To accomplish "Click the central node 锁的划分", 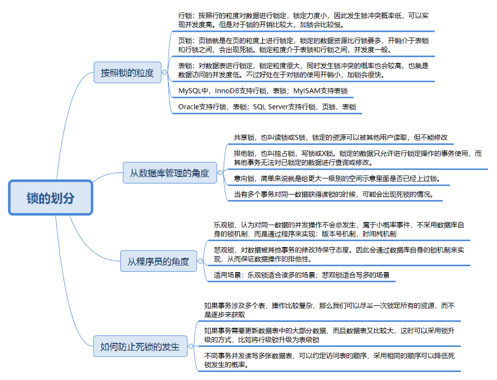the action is (51, 198).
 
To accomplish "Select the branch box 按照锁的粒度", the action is (127, 73).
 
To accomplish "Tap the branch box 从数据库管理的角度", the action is (170, 173).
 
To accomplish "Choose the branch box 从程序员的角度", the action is (159, 261).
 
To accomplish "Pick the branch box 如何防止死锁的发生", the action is (140, 346).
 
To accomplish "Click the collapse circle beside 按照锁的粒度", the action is (165, 73).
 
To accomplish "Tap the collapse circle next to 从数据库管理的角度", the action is (220, 173).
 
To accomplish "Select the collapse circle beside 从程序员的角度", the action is (200, 261).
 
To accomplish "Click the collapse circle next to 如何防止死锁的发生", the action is (191, 346).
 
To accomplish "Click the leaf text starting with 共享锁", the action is (340, 137).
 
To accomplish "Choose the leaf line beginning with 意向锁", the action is (337, 178).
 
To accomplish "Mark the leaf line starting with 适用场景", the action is (302, 275).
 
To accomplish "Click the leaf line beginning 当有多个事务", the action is (334, 194).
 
